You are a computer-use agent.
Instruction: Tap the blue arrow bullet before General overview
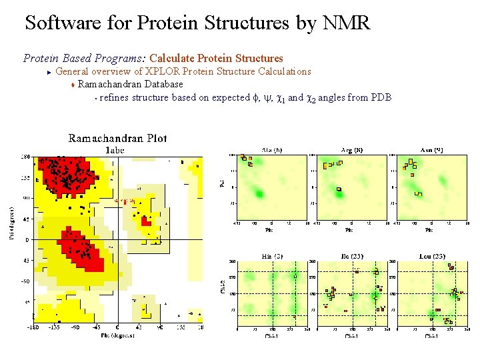pyautogui.click(x=49, y=71)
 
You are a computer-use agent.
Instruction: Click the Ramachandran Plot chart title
pyautogui.click(x=117, y=139)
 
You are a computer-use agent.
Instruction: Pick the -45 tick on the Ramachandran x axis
pyautogui.click(x=96, y=327)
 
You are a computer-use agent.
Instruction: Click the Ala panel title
pyautogui.click(x=271, y=150)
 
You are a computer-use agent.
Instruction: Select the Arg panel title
pyautogui.click(x=352, y=150)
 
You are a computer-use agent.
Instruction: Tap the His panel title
pyautogui.click(x=271, y=256)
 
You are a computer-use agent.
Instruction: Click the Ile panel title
pyautogui.click(x=352, y=256)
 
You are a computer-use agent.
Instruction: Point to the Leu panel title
pyautogui.click(x=432, y=256)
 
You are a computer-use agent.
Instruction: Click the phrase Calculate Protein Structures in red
pyautogui.click(x=216, y=59)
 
